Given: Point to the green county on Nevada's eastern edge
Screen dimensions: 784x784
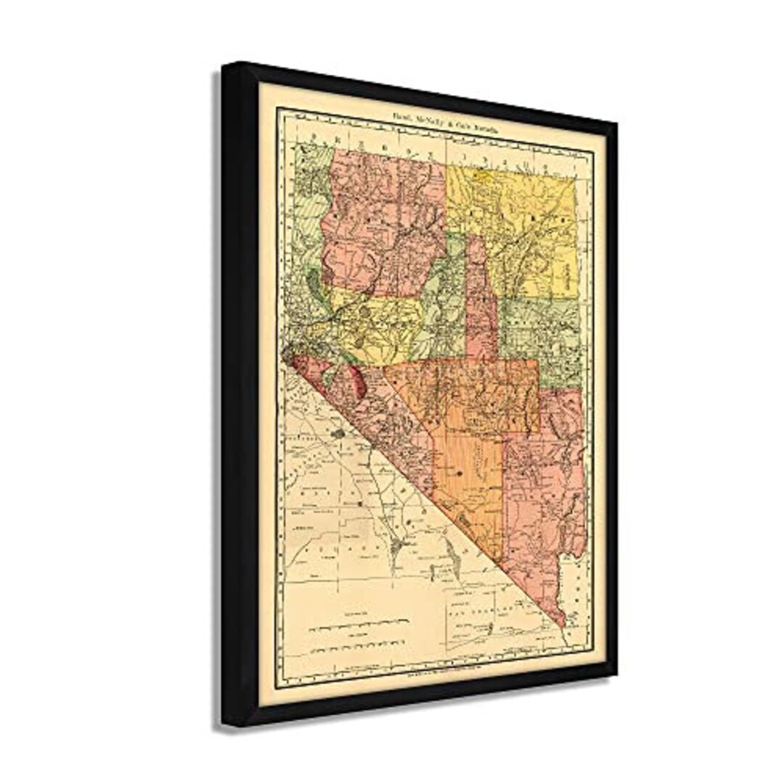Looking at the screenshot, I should (541, 334).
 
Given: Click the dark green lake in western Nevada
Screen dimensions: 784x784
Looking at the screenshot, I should (313, 279).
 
